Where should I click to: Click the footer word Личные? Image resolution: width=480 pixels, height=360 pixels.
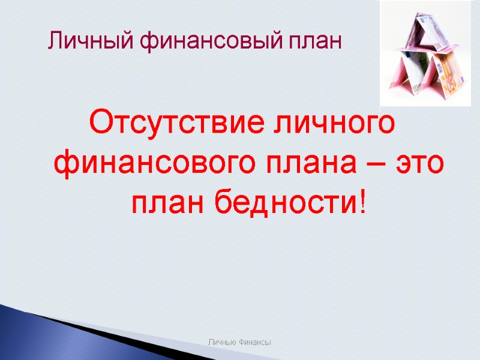click(221, 342)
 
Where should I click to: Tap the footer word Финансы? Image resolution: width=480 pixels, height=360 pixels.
click(254, 342)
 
